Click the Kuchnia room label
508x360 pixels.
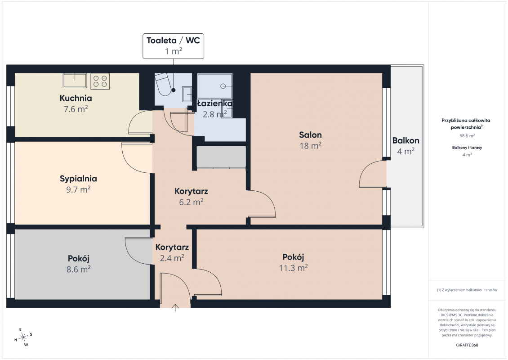(76, 98)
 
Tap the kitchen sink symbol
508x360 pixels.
(75, 81)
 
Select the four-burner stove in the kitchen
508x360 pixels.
(100, 81)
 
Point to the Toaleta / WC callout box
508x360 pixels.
(174, 46)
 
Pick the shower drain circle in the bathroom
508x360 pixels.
(223, 86)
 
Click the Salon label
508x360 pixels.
(310, 135)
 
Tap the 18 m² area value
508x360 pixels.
(310, 146)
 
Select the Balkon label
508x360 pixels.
(406, 140)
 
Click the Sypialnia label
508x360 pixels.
(78, 179)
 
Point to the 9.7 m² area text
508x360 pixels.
(78, 189)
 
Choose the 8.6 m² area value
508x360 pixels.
(78, 269)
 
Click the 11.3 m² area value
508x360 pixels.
(293, 268)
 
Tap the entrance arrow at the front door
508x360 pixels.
(175, 308)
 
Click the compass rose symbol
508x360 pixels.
(23, 337)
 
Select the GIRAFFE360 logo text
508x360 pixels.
(467, 345)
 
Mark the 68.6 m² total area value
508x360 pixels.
(467, 136)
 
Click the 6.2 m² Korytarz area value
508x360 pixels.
(191, 202)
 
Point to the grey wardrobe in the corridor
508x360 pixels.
(221, 157)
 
